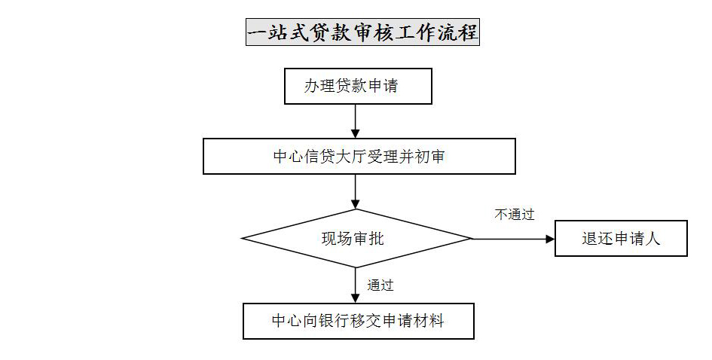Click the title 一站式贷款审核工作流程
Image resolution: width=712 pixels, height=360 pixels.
click(362, 32)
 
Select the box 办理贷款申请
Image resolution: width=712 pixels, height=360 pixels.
click(358, 87)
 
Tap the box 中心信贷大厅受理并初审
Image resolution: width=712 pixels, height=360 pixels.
click(359, 156)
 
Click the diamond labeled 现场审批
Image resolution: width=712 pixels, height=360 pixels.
click(356, 238)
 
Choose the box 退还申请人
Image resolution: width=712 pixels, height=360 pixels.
click(621, 238)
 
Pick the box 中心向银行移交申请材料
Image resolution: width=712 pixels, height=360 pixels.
click(359, 321)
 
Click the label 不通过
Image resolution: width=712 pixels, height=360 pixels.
click(515, 215)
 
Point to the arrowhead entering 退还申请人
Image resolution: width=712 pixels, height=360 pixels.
click(550, 238)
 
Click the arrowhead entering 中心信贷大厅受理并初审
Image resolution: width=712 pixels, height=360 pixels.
click(355, 133)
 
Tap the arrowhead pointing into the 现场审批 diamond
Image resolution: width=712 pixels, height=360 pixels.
click(355, 204)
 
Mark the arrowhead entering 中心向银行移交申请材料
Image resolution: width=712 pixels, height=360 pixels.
click(355, 298)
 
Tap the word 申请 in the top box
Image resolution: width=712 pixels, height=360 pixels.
click(383, 86)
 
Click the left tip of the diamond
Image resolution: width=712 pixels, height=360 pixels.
click(242, 238)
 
